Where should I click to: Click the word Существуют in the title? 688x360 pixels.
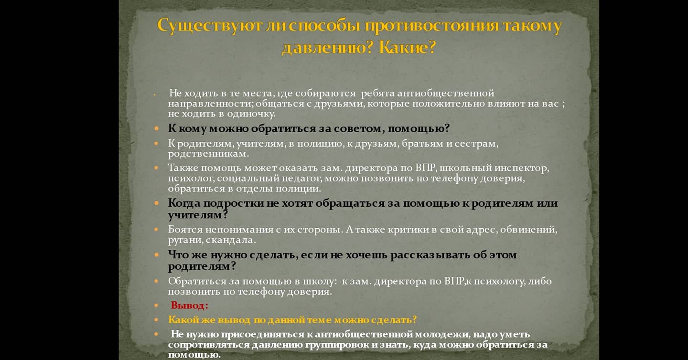[210, 26]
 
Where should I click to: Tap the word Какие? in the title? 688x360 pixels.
[407, 47]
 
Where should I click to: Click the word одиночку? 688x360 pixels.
[251, 114]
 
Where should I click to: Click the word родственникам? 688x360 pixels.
[208, 154]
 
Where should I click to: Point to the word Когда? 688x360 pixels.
[184, 203]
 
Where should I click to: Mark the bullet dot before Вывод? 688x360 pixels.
[157, 306]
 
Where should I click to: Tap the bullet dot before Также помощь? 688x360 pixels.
[157, 168]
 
